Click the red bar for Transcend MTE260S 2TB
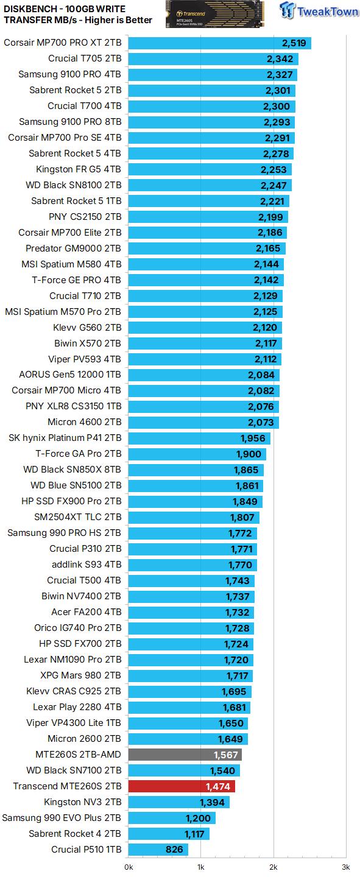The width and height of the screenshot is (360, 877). (x=182, y=786)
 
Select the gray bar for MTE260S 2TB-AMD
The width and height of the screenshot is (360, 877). (x=185, y=755)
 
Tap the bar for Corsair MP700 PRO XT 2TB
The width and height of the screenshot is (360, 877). (x=219, y=43)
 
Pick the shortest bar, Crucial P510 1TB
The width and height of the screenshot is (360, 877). (x=158, y=850)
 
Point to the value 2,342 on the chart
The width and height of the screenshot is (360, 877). (x=280, y=59)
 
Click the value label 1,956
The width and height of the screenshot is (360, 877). (x=253, y=438)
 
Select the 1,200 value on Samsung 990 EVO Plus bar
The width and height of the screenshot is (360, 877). (x=198, y=818)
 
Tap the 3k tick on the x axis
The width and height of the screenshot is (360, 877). (x=345, y=867)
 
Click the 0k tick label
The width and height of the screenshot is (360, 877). (x=129, y=867)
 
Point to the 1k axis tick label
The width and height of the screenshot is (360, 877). (x=201, y=867)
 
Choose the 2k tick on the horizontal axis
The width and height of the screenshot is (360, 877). (x=274, y=867)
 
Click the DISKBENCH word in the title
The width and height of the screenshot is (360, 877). (x=30, y=9)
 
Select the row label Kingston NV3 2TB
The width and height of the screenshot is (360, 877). (x=82, y=802)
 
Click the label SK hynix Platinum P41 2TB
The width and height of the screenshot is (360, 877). (x=65, y=438)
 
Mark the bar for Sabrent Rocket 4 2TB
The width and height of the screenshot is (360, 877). (x=169, y=834)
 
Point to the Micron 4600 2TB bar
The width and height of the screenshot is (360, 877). (x=203, y=422)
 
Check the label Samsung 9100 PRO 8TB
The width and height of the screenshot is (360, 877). (x=70, y=122)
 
